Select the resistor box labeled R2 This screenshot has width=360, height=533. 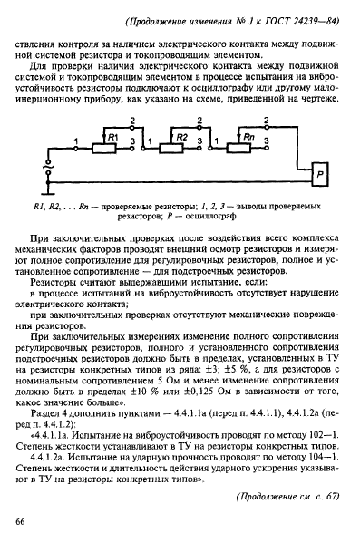tap(182, 136)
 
